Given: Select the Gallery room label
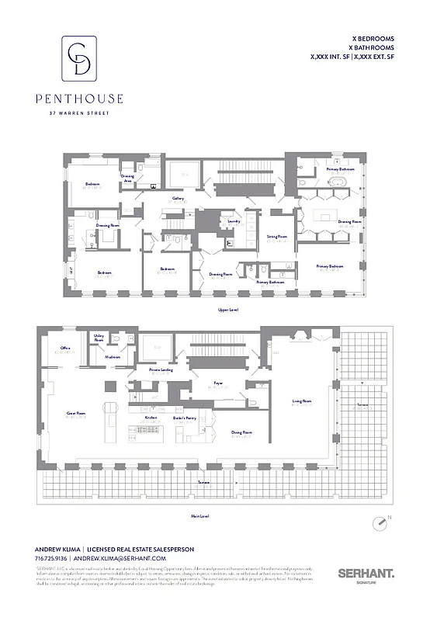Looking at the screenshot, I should click(178, 198).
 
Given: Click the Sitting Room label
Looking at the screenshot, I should click(277, 236).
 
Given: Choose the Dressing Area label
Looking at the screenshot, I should click(128, 178).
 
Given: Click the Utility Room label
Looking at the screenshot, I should click(99, 338).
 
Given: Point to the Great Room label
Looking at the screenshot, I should click(75, 413).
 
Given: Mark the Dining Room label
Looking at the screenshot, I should click(241, 432).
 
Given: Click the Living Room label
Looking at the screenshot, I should click(302, 401).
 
